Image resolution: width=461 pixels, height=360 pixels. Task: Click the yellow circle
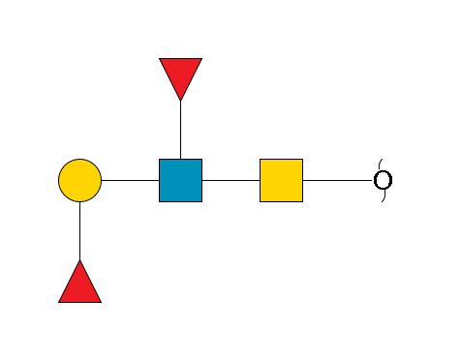[x=79, y=180]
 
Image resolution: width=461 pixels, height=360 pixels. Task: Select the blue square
[x=180, y=180]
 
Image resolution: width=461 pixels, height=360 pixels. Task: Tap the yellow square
[x=281, y=180]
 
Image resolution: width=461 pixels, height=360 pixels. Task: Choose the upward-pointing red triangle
[x=79, y=285]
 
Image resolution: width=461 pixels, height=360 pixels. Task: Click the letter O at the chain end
[x=383, y=180]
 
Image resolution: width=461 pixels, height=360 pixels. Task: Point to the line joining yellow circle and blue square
[x=130, y=180]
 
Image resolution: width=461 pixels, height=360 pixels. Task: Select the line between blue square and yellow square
[x=230, y=180]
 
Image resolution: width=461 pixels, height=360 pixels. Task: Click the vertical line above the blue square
[x=180, y=130]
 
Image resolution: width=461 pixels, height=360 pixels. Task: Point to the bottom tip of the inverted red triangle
[x=180, y=100]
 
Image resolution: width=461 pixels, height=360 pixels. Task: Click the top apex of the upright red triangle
[x=79, y=260]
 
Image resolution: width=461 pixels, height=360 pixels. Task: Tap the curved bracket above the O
[x=381, y=162]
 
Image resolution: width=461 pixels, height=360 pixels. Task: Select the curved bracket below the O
[x=383, y=197]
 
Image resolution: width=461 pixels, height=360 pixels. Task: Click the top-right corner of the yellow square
[x=302, y=160]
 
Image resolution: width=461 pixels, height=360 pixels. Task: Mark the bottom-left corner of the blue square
[x=160, y=201]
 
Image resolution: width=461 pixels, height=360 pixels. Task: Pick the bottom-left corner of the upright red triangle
[x=59, y=302]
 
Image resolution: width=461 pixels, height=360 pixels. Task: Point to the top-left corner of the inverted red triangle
[x=160, y=59]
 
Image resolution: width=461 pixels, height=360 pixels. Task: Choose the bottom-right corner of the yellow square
[x=302, y=201]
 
